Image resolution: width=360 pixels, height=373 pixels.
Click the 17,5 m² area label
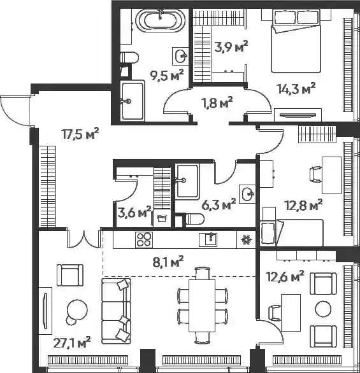[x=80, y=134]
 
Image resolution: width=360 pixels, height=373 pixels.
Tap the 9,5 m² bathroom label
[x=167, y=75]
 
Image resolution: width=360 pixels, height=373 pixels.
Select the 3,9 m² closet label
[x=231, y=46]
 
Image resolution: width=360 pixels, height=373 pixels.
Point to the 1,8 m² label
[x=216, y=102]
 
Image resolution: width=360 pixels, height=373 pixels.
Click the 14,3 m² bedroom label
[x=296, y=88]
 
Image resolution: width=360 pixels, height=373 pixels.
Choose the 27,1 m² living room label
[x=72, y=343]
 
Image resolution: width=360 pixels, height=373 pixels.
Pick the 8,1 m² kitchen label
[x=168, y=262]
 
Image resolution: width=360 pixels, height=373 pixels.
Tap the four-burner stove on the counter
[x=144, y=240]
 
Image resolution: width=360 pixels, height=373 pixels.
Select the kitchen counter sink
[x=208, y=240]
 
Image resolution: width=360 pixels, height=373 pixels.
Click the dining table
[x=202, y=306]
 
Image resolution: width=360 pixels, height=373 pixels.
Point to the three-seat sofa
[x=116, y=311]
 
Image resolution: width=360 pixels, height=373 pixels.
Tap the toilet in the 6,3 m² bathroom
[x=195, y=219]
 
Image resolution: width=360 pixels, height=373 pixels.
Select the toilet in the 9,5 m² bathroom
[x=129, y=58]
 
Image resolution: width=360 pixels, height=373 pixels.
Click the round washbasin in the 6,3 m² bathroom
[x=248, y=194]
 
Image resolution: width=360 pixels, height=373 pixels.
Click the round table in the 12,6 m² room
[x=323, y=309]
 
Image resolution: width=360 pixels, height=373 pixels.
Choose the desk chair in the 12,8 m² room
[x=316, y=175]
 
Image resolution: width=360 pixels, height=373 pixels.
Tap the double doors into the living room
[x=84, y=239]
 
